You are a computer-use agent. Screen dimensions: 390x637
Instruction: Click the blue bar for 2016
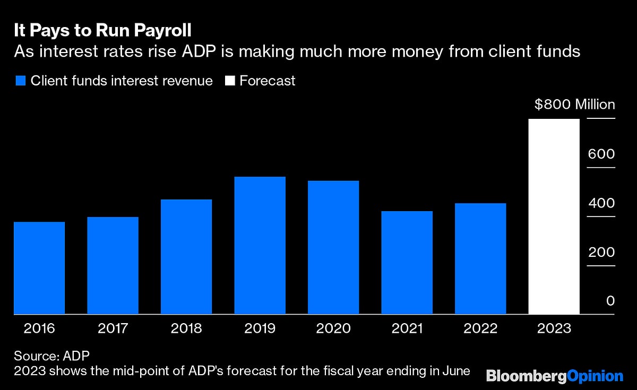pyautogui.click(x=39, y=268)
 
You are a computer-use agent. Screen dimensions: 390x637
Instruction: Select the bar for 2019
pyautogui.click(x=260, y=245)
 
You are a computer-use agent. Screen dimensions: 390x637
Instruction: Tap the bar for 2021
pyautogui.click(x=407, y=263)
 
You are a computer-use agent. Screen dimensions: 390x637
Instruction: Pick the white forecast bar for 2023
pyautogui.click(x=554, y=216)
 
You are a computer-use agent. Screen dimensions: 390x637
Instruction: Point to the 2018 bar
pyautogui.click(x=186, y=257)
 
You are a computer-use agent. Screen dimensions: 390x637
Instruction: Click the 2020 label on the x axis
pyautogui.click(x=333, y=328)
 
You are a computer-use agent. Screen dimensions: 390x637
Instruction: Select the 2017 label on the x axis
pyautogui.click(x=113, y=328)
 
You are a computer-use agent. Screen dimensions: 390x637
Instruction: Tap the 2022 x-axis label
pyautogui.click(x=480, y=328)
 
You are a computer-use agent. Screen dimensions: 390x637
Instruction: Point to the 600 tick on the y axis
pyautogui.click(x=601, y=154)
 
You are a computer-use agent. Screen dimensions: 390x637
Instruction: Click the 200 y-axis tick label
pyautogui.click(x=601, y=253)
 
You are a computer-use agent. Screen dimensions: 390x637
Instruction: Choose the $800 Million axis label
pyautogui.click(x=574, y=105)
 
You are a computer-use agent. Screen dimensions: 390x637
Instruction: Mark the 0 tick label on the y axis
pyautogui.click(x=610, y=301)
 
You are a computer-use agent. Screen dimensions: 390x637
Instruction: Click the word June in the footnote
pyautogui.click(x=456, y=370)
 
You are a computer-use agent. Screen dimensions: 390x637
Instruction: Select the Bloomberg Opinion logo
pyautogui.click(x=555, y=376)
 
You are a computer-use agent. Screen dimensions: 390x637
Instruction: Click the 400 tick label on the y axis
pyautogui.click(x=601, y=203)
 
